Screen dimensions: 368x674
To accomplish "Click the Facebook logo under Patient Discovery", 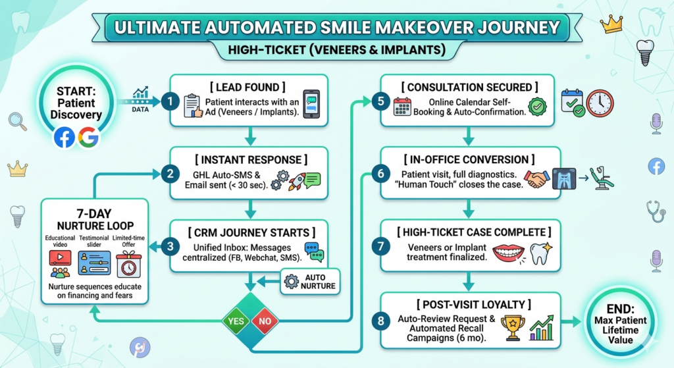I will pos(64,138).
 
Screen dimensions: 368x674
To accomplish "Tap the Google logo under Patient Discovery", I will pos(88,138).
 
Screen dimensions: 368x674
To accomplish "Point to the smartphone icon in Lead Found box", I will pos(311,103).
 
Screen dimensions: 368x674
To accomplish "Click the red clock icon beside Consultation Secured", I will pos(600,103).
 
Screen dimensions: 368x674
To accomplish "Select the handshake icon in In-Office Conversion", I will pos(537,179).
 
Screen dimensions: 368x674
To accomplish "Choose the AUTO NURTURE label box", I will pos(310,281).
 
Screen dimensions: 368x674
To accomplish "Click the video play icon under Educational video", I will pos(60,256).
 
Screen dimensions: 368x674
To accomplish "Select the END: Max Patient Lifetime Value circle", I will pos(620,322).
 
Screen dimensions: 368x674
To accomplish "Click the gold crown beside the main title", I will pos(611,24).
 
